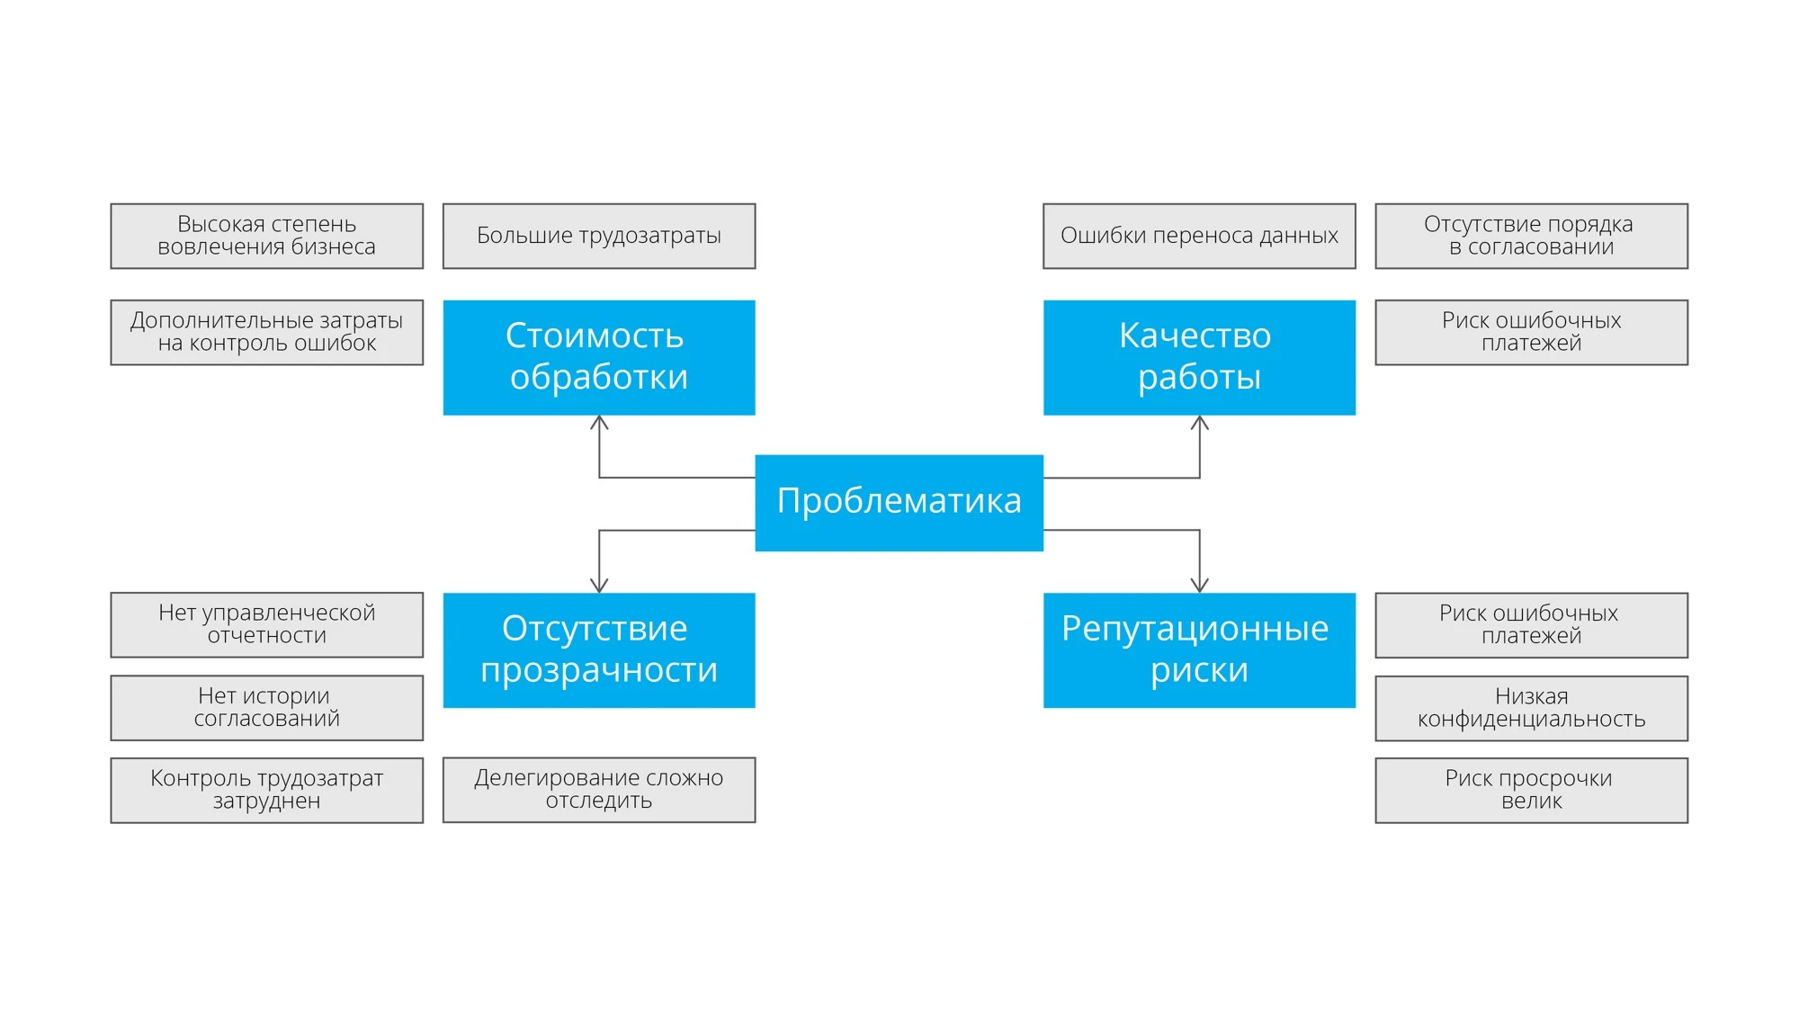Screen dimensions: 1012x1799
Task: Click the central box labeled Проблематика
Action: tap(899, 502)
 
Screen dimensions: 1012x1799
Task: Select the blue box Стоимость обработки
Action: tap(599, 357)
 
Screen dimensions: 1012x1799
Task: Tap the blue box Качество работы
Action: tap(1199, 357)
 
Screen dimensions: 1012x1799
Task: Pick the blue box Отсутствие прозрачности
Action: tap(599, 649)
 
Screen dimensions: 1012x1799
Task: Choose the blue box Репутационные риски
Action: tap(1199, 649)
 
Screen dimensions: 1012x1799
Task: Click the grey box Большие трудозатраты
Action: tap(599, 236)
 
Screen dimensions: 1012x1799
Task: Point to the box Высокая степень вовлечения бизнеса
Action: tap(267, 236)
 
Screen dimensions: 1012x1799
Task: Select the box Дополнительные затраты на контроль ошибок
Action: tap(267, 332)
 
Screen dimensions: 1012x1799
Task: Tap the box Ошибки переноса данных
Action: tap(1199, 236)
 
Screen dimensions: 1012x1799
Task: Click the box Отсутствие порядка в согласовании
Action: tap(1531, 236)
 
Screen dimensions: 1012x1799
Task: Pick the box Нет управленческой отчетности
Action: tap(267, 624)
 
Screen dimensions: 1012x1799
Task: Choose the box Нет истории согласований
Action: tap(267, 708)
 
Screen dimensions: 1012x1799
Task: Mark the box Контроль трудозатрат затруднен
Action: tap(267, 790)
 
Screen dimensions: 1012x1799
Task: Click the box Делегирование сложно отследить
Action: tap(599, 790)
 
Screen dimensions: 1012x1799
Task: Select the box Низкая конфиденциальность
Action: tap(1531, 708)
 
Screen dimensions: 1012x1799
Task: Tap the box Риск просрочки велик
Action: tap(1531, 790)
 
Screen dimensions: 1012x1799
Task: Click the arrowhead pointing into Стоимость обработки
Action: tap(599, 422)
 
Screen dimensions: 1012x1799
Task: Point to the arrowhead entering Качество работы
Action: tap(1199, 422)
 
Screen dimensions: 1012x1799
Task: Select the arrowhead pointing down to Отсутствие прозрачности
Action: tap(599, 586)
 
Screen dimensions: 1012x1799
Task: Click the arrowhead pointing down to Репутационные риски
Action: tap(1199, 586)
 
